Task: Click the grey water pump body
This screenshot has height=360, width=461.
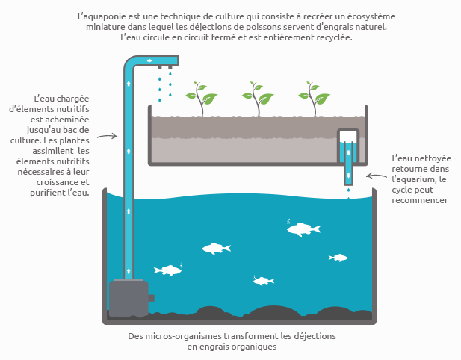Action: [129, 298]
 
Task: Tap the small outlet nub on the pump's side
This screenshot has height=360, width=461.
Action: [151, 298]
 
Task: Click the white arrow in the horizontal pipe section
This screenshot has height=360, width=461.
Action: [149, 60]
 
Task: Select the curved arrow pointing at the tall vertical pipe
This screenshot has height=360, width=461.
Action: [108, 136]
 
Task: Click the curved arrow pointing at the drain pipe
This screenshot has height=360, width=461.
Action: [377, 176]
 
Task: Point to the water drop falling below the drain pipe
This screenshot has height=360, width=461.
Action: [349, 190]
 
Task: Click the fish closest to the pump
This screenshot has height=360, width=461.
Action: [168, 270]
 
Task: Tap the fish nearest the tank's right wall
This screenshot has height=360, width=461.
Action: [338, 258]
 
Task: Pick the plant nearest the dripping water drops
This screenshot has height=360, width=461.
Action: [201, 99]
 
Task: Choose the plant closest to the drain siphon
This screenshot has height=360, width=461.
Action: [314, 99]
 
